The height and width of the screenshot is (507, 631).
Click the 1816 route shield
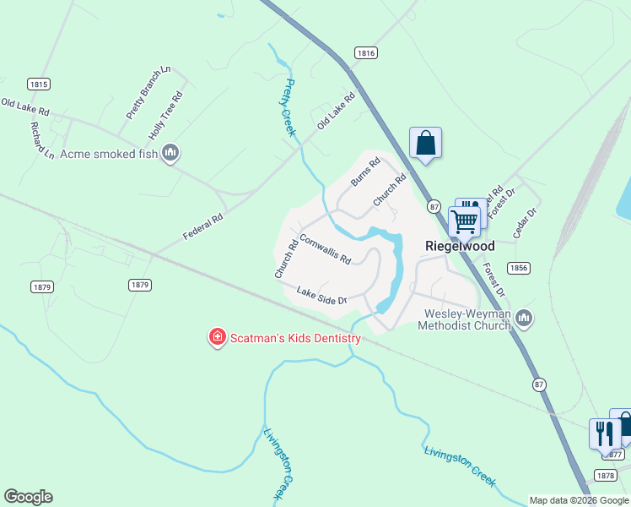tap(364, 52)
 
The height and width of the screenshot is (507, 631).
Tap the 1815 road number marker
tap(38, 84)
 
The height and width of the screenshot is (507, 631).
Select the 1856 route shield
tap(519, 267)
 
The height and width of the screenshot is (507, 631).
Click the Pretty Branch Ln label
tap(148, 92)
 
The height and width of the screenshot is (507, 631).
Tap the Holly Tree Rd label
tap(166, 117)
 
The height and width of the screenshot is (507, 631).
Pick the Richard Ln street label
tap(42, 141)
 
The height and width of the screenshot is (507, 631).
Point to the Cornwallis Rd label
tap(325, 249)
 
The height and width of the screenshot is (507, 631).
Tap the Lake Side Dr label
tap(321, 296)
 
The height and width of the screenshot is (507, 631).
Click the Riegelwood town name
tap(459, 246)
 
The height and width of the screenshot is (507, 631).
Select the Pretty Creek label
tap(287, 107)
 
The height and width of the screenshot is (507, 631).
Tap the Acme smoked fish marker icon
tap(171, 152)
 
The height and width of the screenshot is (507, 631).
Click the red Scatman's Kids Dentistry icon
tap(217, 338)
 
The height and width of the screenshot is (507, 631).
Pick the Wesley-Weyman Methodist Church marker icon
tap(524, 318)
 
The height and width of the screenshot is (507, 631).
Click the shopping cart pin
tap(464, 222)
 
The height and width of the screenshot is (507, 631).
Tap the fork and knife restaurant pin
tap(604, 434)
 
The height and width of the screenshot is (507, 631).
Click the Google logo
tap(28, 497)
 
